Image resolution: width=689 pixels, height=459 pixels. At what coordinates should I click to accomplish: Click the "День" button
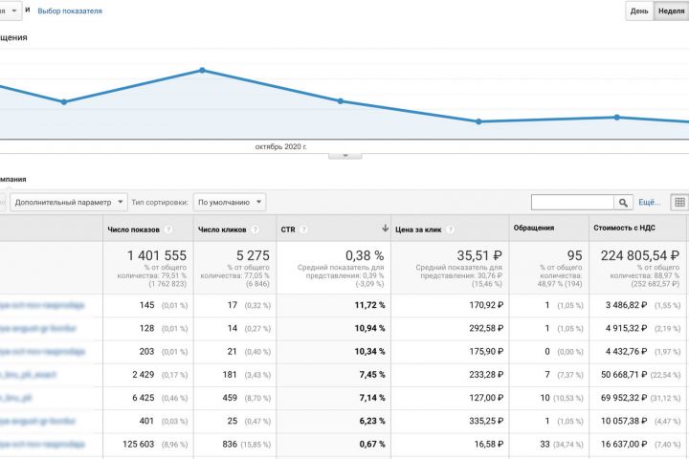637,11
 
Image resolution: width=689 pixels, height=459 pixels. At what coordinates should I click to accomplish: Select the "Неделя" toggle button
670,11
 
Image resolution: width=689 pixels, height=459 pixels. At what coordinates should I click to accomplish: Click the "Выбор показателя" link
70,11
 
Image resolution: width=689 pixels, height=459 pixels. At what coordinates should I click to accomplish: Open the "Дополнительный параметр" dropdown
70,202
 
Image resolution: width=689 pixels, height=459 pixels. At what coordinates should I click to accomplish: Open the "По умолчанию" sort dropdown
230,202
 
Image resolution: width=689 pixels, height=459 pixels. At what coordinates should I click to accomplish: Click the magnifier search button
624,202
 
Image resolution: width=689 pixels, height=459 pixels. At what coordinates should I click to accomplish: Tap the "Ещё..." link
649,202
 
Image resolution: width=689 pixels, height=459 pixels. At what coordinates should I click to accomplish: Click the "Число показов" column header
133,229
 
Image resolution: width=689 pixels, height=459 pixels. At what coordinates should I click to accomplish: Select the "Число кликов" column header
221,229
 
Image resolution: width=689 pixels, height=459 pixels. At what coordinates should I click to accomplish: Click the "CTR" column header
288,229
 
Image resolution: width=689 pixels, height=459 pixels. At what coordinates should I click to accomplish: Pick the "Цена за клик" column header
419,229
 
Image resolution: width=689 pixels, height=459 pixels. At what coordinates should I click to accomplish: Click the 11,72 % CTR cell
367,305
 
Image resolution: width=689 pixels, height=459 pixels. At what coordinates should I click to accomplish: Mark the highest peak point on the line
202,70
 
